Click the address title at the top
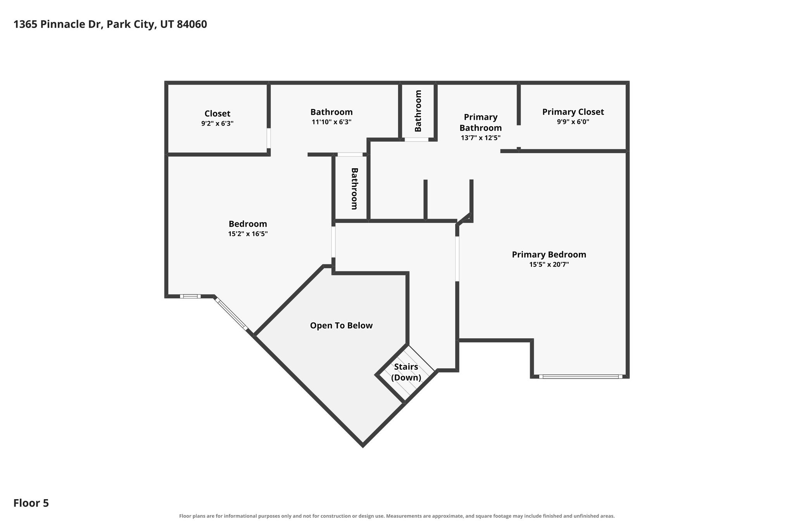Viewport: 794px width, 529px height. click(x=110, y=24)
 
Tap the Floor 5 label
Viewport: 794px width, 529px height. click(x=31, y=503)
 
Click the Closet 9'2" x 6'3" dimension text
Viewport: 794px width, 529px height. click(x=217, y=124)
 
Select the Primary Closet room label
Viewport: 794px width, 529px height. click(x=573, y=112)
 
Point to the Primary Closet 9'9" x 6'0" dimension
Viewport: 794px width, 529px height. click(x=573, y=122)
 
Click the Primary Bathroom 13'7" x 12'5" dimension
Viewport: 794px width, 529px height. click(x=481, y=138)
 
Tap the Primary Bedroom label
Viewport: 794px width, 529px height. click(x=549, y=255)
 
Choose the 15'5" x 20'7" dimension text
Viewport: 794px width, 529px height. click(x=549, y=265)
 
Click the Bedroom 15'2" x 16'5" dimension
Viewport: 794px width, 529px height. click(x=248, y=234)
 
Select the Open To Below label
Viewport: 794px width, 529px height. click(x=341, y=326)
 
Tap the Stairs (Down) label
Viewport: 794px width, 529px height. click(x=406, y=372)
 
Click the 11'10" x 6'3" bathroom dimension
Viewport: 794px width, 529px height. click(x=331, y=122)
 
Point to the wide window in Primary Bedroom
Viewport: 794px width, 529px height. click(x=580, y=376)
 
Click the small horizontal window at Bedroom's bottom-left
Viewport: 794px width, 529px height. click(x=190, y=296)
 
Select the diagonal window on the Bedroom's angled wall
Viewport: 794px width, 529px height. click(x=231, y=314)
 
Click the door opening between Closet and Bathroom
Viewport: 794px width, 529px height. click(x=269, y=138)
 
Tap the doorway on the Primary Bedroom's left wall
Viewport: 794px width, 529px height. click(x=457, y=259)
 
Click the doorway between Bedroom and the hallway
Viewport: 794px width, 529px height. click(x=333, y=242)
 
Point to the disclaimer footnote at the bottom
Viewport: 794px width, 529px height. click(x=397, y=516)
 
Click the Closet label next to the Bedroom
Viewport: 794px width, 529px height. click(x=217, y=114)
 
